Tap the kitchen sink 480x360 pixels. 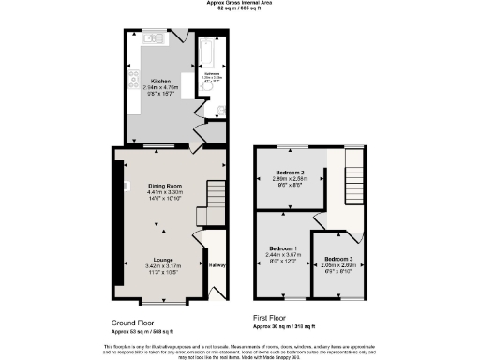pyautogui.click(x=150, y=38)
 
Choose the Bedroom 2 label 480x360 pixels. pyautogui.click(x=289, y=172)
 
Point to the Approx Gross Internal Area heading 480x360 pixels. pyautogui.click(x=239, y=3)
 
